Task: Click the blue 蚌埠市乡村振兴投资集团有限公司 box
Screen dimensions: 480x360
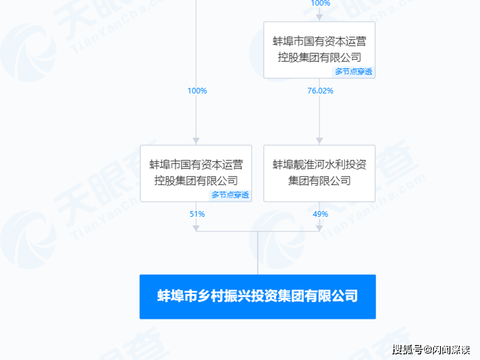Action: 257,297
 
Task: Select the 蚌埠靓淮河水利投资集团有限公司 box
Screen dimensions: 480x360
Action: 319,173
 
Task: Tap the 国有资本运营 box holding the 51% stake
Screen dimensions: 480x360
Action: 196,173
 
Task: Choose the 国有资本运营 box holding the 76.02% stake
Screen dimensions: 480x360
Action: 319,50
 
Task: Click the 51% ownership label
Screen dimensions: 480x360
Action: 197,214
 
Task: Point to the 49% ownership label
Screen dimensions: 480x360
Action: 320,214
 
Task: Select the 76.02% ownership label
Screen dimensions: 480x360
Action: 320,90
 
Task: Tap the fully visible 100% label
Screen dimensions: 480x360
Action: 197,90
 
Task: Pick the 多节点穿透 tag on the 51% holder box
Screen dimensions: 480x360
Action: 230,195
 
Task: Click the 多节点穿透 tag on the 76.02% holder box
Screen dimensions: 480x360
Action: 353,72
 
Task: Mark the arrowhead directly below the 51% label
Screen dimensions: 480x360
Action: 196,229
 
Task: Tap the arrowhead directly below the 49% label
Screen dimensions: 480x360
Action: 319,229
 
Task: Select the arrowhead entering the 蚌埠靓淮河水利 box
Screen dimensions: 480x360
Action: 319,141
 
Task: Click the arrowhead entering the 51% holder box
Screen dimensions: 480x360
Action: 196,141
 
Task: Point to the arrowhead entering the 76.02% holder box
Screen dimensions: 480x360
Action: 319,17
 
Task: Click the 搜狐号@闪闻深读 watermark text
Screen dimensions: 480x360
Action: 431,349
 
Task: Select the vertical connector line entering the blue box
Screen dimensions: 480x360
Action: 257,253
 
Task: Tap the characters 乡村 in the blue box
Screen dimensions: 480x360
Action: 211,296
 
